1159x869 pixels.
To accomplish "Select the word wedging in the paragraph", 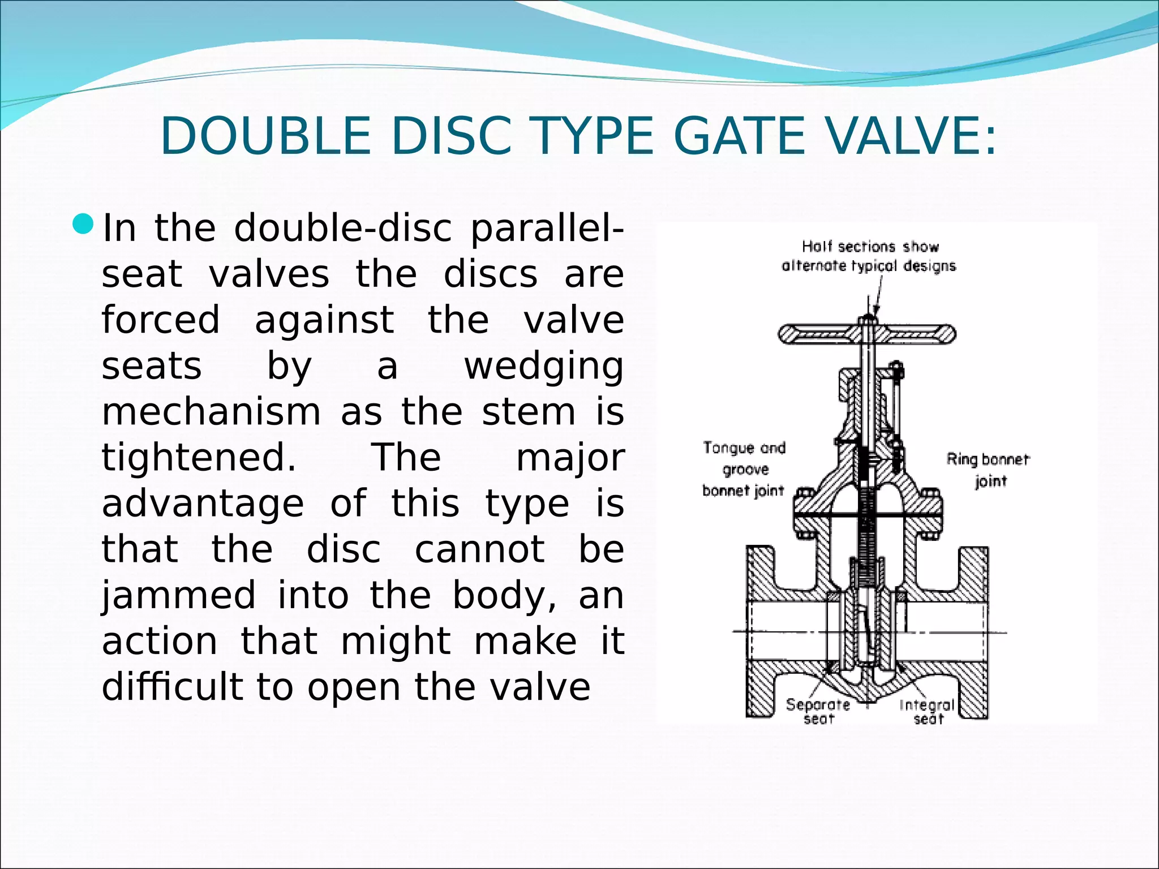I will point(544,367).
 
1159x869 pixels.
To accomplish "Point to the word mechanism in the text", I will point(211,411).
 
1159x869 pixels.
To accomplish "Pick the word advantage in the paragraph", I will point(203,503).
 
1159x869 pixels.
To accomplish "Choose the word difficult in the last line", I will point(169,687).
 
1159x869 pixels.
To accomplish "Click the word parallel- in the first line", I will point(547,228).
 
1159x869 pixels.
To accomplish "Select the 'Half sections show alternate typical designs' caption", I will point(869,256).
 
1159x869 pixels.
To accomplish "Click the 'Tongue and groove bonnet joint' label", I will point(744,469).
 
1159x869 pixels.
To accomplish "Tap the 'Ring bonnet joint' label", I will point(988,470).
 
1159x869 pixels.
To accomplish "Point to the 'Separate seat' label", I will point(818,711).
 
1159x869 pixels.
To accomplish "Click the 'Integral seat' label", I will point(928,712).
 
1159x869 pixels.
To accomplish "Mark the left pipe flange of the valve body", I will point(761,631).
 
